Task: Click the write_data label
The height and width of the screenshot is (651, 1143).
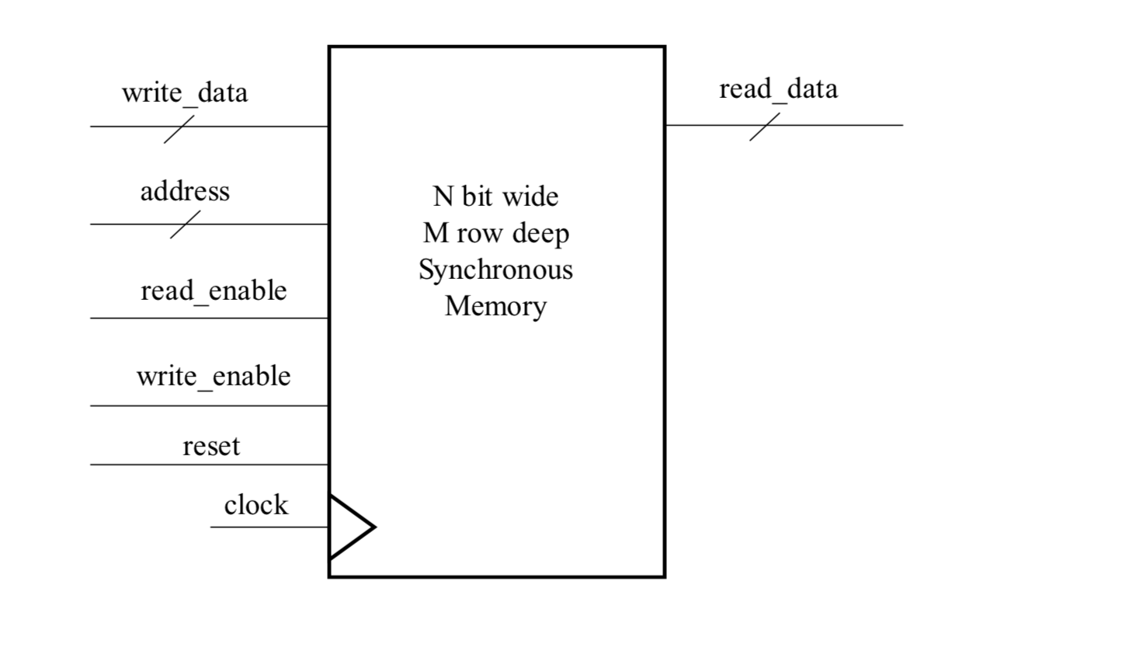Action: point(185,92)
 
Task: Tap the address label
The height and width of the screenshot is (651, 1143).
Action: point(185,191)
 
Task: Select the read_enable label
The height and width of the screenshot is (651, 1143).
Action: point(214,291)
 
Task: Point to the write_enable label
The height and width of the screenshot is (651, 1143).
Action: point(214,376)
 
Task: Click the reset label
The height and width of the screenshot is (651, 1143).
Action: point(211,446)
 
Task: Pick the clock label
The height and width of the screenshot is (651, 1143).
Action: point(255,505)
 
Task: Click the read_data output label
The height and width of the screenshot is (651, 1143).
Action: point(778,89)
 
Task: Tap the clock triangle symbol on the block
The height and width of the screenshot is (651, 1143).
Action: point(350,527)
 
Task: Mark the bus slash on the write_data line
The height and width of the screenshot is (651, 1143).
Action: point(179,129)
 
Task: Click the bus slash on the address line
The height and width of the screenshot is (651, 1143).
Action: point(185,225)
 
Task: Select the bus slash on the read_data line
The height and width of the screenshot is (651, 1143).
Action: point(764,127)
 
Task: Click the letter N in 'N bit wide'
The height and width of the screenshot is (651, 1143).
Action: point(443,197)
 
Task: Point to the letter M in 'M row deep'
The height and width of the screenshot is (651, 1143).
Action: point(436,233)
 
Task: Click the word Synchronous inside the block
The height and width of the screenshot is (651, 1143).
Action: point(495,270)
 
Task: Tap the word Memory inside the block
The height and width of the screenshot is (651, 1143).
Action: point(495,306)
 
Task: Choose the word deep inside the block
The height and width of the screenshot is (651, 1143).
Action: point(540,233)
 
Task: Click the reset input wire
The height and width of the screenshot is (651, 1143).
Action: point(210,465)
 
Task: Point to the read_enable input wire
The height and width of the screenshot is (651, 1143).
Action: point(210,318)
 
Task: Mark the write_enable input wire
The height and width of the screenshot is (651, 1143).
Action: point(210,406)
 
